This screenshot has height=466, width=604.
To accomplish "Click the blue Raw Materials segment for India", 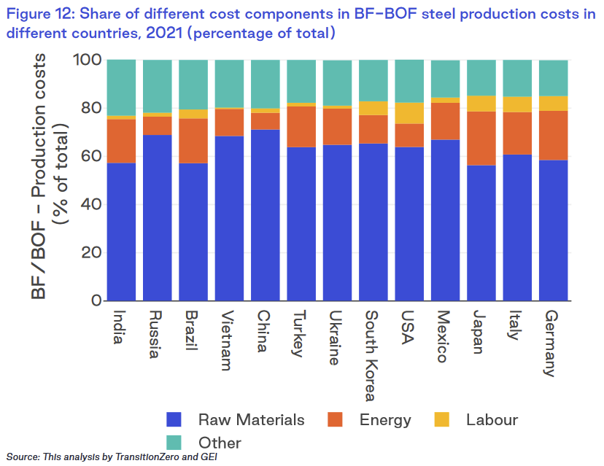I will coord(121,231).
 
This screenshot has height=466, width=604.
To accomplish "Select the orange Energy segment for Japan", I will coord(481,138).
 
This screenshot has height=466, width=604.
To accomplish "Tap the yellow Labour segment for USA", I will coord(409,113).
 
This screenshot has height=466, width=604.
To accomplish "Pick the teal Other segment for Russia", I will coord(157,86).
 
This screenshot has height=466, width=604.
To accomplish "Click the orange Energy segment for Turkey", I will coord(301,126).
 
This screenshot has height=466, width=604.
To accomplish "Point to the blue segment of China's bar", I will coord(265,214).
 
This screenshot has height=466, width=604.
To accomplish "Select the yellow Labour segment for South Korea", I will coord(373,108).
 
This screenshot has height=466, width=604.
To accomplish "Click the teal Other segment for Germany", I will coord(554,77).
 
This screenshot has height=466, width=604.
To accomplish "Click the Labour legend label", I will coord(492,419).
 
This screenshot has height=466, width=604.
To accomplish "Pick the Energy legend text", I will coord(385,419).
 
